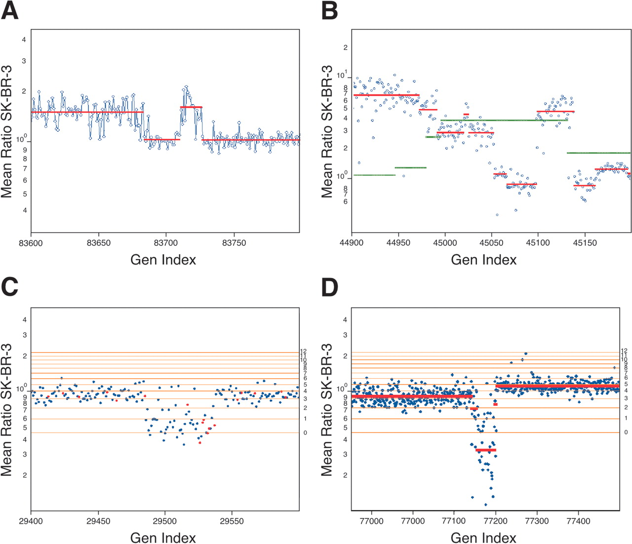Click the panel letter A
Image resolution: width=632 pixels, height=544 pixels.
coord(9,11)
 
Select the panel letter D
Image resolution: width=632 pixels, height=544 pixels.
coord(330,288)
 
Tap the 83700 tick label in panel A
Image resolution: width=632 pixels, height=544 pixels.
coord(166,243)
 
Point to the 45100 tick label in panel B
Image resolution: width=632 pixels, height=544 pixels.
coord(538,243)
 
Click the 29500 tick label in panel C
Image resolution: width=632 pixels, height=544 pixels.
coord(165,521)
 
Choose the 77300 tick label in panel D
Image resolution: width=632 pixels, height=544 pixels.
coord(537,521)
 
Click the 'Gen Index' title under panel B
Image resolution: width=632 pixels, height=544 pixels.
coord(483,260)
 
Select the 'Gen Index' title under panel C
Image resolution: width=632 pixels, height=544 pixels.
coord(163,538)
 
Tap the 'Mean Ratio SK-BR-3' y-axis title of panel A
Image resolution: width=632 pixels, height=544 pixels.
coord(6,131)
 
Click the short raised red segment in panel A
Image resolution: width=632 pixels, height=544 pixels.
coord(191,107)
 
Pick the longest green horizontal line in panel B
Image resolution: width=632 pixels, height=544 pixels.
coord(504,120)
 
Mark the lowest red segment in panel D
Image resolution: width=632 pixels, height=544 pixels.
coord(486,450)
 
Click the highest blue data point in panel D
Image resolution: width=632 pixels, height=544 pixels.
coord(525,353)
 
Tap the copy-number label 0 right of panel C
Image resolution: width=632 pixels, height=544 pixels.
coord(305,433)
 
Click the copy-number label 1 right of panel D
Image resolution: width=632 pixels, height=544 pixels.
coord(626,418)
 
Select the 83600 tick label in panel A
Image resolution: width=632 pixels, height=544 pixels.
coord(31,243)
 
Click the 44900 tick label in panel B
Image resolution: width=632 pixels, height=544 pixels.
coord(352,243)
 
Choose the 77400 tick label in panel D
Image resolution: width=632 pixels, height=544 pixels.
coord(578,521)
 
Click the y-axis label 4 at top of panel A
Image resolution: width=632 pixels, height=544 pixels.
coord(24,39)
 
